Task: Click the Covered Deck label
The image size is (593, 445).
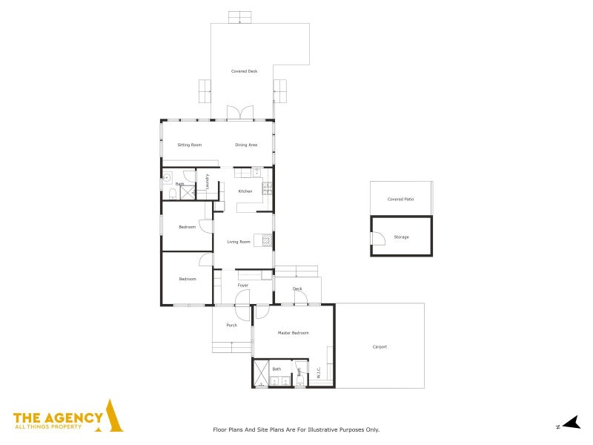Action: [x=244, y=71]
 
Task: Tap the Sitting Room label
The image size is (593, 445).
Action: [x=190, y=145]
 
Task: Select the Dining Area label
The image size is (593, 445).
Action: [x=246, y=145]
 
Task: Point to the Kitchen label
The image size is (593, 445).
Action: [x=245, y=191]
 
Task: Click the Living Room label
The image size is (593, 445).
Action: [x=238, y=242]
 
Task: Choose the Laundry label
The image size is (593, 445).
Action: [x=208, y=181]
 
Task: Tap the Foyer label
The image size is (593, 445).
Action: [x=243, y=286]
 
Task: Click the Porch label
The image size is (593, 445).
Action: [x=232, y=325]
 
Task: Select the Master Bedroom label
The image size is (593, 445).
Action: [x=293, y=333]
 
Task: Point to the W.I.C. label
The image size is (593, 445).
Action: [x=319, y=372]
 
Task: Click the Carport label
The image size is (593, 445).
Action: [x=380, y=347]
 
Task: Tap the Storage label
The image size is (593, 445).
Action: [x=401, y=237]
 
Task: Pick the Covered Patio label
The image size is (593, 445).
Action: [x=401, y=200]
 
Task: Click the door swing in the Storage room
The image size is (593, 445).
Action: [x=378, y=238]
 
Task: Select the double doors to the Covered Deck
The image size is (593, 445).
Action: [x=240, y=113]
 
